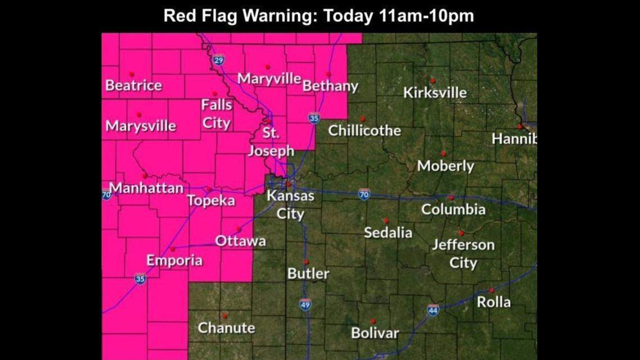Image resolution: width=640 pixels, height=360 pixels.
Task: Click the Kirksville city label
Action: tap(435, 93)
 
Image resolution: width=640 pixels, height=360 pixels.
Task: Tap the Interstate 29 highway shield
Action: tap(219, 60)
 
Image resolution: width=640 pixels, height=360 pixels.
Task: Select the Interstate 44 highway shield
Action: tap(432, 310)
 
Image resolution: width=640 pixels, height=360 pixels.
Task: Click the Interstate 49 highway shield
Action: tap(305, 304)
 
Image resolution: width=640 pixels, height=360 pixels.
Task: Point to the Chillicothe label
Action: tap(364, 131)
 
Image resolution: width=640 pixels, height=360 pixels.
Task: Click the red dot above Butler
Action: tap(306, 262)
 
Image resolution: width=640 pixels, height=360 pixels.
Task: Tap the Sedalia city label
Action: tap(388, 233)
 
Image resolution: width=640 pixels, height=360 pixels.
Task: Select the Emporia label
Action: tap(174, 261)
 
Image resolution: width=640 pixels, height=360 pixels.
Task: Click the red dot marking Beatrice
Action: tap(131, 74)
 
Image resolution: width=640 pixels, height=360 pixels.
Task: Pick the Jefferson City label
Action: tap(463, 254)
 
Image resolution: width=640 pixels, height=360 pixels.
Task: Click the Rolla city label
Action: tap(493, 302)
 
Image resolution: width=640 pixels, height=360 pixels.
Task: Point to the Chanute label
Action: tap(226, 328)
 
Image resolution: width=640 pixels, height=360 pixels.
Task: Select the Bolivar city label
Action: tap(374, 333)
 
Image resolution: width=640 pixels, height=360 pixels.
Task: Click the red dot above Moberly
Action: tap(443, 153)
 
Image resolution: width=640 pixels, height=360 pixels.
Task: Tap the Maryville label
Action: tap(269, 79)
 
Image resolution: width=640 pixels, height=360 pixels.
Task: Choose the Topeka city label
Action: tap(211, 200)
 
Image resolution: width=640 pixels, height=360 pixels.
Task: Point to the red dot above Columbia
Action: tap(451, 198)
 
